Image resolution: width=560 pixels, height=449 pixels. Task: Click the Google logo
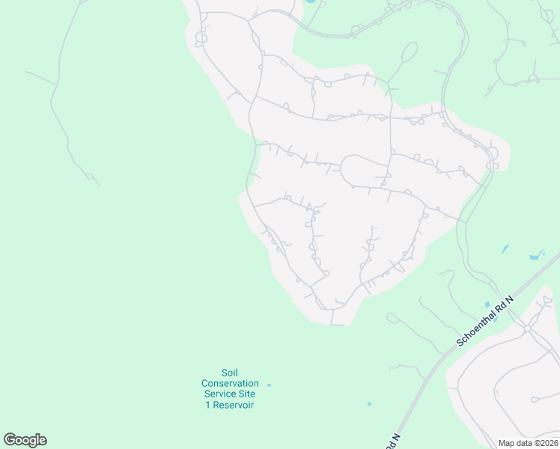(x=25, y=440)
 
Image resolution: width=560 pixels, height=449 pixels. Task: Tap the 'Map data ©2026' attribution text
(x=527, y=443)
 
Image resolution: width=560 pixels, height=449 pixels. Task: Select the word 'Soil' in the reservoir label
(x=230, y=373)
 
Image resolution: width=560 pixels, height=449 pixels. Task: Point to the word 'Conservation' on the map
(x=230, y=383)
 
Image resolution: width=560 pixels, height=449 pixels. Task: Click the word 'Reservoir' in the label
(x=234, y=405)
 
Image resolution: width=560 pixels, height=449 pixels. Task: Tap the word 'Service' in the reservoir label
(x=222, y=394)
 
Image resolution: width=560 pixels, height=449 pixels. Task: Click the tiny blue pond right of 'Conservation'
(x=270, y=385)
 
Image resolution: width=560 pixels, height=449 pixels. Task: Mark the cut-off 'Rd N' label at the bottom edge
(x=393, y=442)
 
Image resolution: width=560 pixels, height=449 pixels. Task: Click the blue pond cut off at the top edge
(x=309, y=1)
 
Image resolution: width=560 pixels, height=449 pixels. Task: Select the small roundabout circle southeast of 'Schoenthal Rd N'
(x=527, y=328)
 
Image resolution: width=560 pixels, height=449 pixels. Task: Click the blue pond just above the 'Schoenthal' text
(x=487, y=304)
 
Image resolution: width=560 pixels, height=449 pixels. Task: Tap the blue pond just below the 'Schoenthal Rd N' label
(x=495, y=319)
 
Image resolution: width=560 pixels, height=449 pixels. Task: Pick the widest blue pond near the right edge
(x=534, y=257)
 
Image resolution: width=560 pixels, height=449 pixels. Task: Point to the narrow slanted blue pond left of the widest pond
(x=505, y=248)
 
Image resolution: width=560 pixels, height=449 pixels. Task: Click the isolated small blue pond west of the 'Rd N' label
(x=369, y=404)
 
